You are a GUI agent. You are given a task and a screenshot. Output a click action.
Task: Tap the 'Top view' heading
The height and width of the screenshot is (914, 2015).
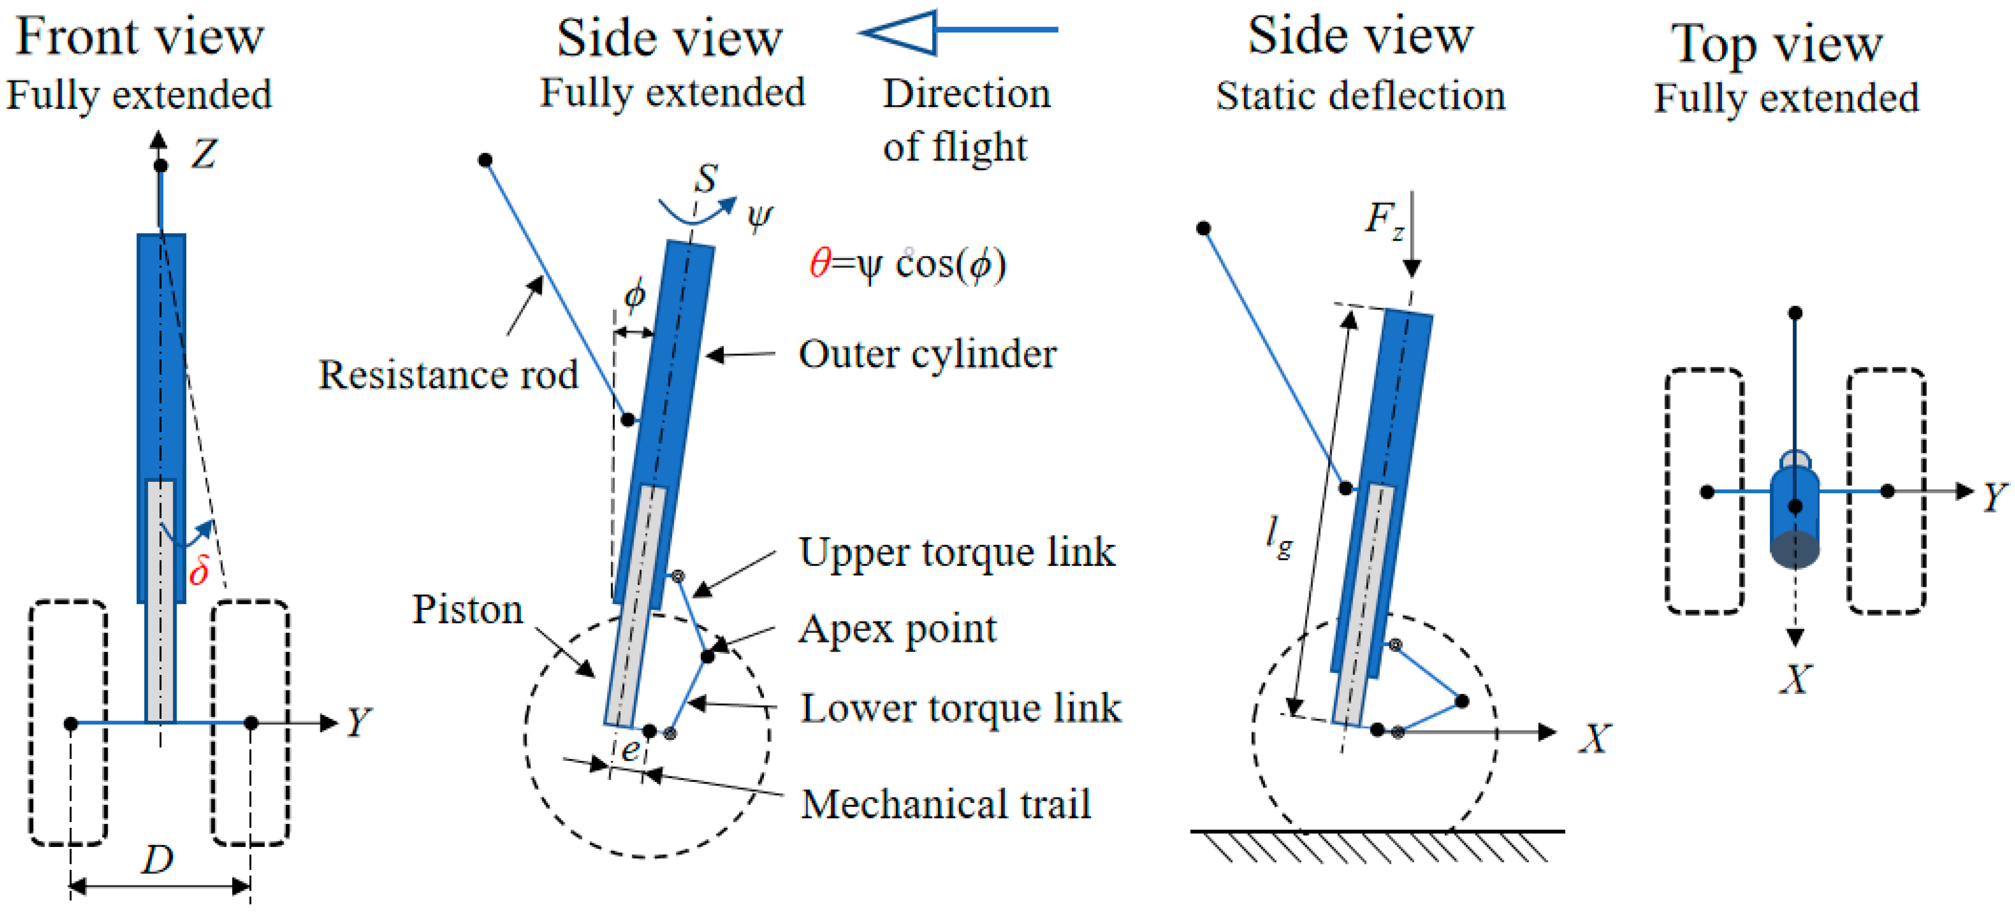point(1777,44)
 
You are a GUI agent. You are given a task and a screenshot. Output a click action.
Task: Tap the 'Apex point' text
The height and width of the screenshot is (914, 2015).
point(897,629)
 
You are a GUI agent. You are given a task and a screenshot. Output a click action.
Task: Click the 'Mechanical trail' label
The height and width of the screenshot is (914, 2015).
point(946,804)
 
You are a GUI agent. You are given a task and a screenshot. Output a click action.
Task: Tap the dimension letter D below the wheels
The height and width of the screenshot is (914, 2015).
point(157,859)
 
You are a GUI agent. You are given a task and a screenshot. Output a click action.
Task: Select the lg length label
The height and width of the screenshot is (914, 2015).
point(1279,538)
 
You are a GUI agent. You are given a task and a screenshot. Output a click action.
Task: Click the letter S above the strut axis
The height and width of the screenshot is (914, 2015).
point(706,178)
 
